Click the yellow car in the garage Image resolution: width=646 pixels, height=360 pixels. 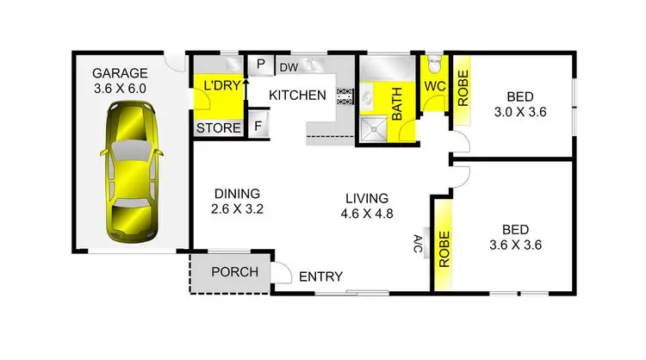click(131, 172)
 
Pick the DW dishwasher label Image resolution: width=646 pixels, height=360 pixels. click(288, 65)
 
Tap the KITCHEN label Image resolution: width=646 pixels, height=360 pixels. click(298, 95)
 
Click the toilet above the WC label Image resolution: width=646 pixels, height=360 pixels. click(433, 65)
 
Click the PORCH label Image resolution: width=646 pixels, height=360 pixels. click(234, 272)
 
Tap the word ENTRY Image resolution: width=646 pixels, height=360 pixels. click(321, 277)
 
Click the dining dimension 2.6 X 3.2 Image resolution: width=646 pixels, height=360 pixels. click(237, 208)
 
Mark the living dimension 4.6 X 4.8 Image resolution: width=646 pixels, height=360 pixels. click(364, 213)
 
